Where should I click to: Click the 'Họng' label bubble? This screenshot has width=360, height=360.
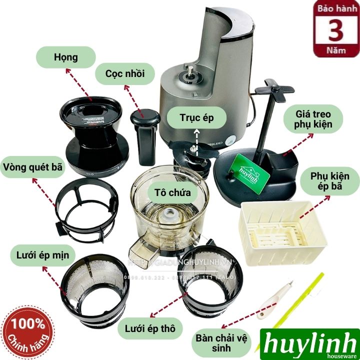[x=66, y=57]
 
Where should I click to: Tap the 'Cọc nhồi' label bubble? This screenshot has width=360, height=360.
[x=124, y=74]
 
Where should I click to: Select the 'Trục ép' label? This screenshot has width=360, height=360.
[x=196, y=118]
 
